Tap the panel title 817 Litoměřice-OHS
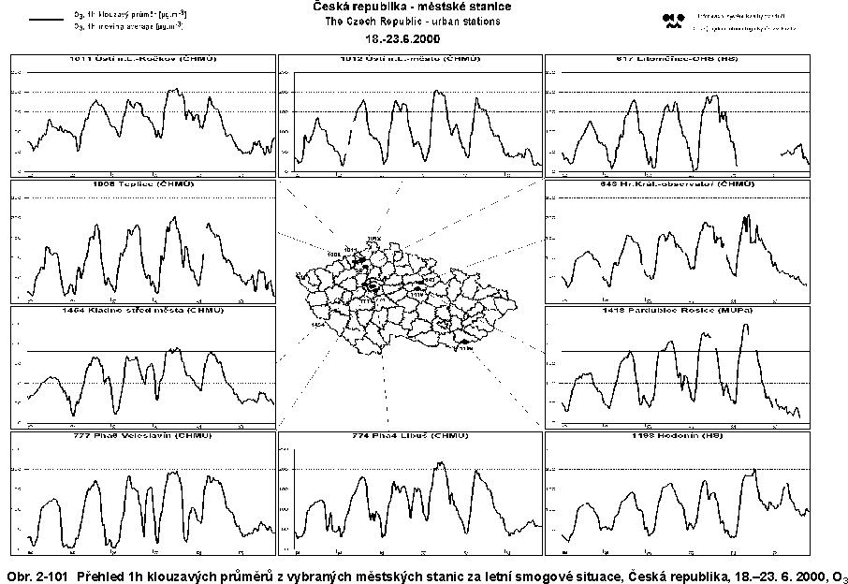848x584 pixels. (679, 59)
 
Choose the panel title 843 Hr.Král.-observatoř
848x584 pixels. (679, 184)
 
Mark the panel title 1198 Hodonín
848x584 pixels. (679, 435)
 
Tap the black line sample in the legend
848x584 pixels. (44, 19)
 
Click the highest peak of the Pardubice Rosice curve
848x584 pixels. (745, 326)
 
